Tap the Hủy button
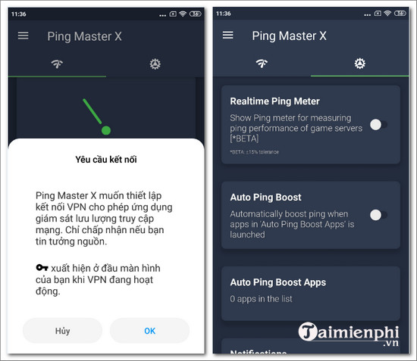pyautogui.click(x=63, y=330)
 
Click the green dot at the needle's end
pyautogui.click(x=106, y=130)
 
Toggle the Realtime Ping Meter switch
pyautogui.click(x=378, y=124)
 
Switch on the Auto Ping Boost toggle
pyautogui.click(x=378, y=215)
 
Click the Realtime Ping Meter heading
pyautogui.click(x=274, y=101)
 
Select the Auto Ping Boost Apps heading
pyautogui.click(x=277, y=282)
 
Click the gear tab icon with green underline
pyautogui.click(x=359, y=63)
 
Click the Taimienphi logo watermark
pyautogui.click(x=350, y=334)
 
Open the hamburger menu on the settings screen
pyautogui.click(x=227, y=36)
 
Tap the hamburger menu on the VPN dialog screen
pyautogui.click(x=23, y=36)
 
